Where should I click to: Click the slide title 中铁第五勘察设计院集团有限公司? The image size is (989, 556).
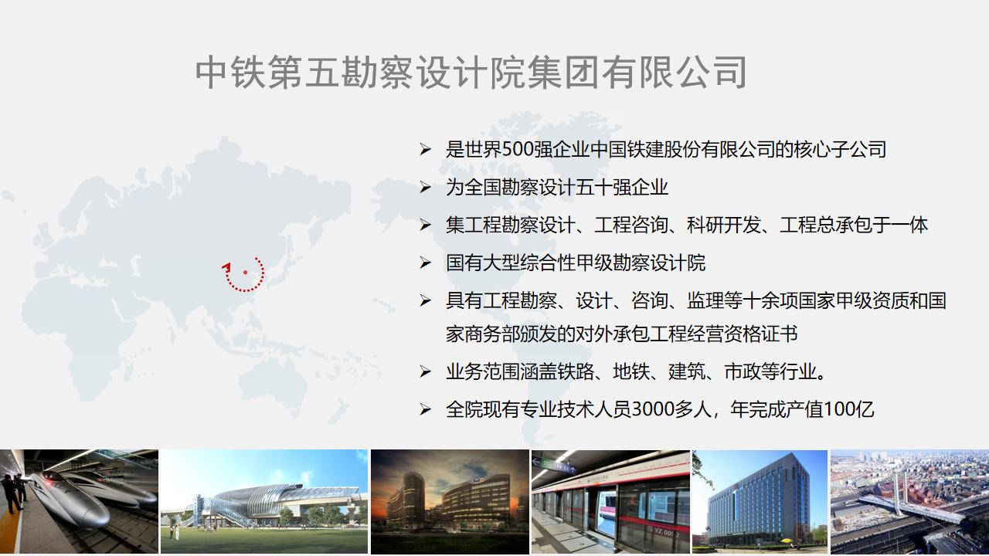471,73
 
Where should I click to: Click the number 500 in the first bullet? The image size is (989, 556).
517,150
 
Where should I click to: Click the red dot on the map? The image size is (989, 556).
245,273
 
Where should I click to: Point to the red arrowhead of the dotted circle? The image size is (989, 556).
226,266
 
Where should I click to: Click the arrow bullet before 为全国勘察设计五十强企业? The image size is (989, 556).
425,188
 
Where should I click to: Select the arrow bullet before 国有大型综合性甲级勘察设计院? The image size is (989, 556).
425,263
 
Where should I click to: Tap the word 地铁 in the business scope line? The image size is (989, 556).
631,371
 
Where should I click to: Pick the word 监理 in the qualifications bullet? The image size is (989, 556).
705,301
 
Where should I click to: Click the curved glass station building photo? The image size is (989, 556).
264,502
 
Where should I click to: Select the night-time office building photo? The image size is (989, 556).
450,502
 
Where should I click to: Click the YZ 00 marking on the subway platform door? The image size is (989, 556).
663,531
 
